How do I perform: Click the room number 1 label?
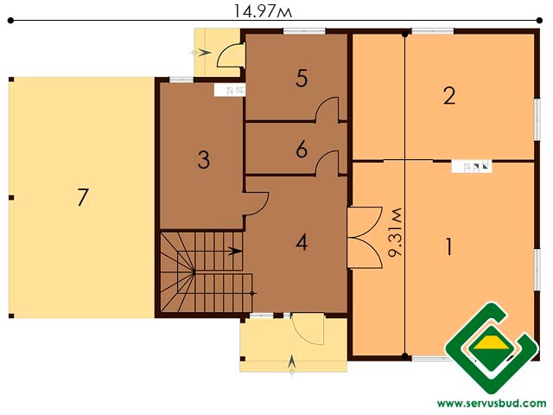tap(448, 246)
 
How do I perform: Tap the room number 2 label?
tap(449, 95)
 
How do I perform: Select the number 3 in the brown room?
tap(204, 159)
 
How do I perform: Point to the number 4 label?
tap(302, 242)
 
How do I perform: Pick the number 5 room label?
tap(302, 78)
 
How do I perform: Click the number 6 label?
tap(302, 150)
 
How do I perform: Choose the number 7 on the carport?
tap(83, 197)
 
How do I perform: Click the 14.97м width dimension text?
tap(263, 11)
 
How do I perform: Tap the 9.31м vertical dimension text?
tap(395, 232)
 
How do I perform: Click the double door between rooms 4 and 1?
tap(365, 238)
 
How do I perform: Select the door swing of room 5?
tap(327, 110)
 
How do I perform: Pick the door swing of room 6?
tap(327, 163)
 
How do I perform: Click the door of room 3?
tap(256, 204)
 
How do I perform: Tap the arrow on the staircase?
tap(235, 252)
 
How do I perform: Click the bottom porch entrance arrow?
tap(292, 364)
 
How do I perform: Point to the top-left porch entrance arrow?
tap(201, 53)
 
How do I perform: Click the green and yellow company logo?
tap(492, 348)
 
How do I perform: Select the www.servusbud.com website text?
tap(492, 403)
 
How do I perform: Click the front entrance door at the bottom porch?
tap(308, 329)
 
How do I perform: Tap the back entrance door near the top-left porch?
tap(231, 55)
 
